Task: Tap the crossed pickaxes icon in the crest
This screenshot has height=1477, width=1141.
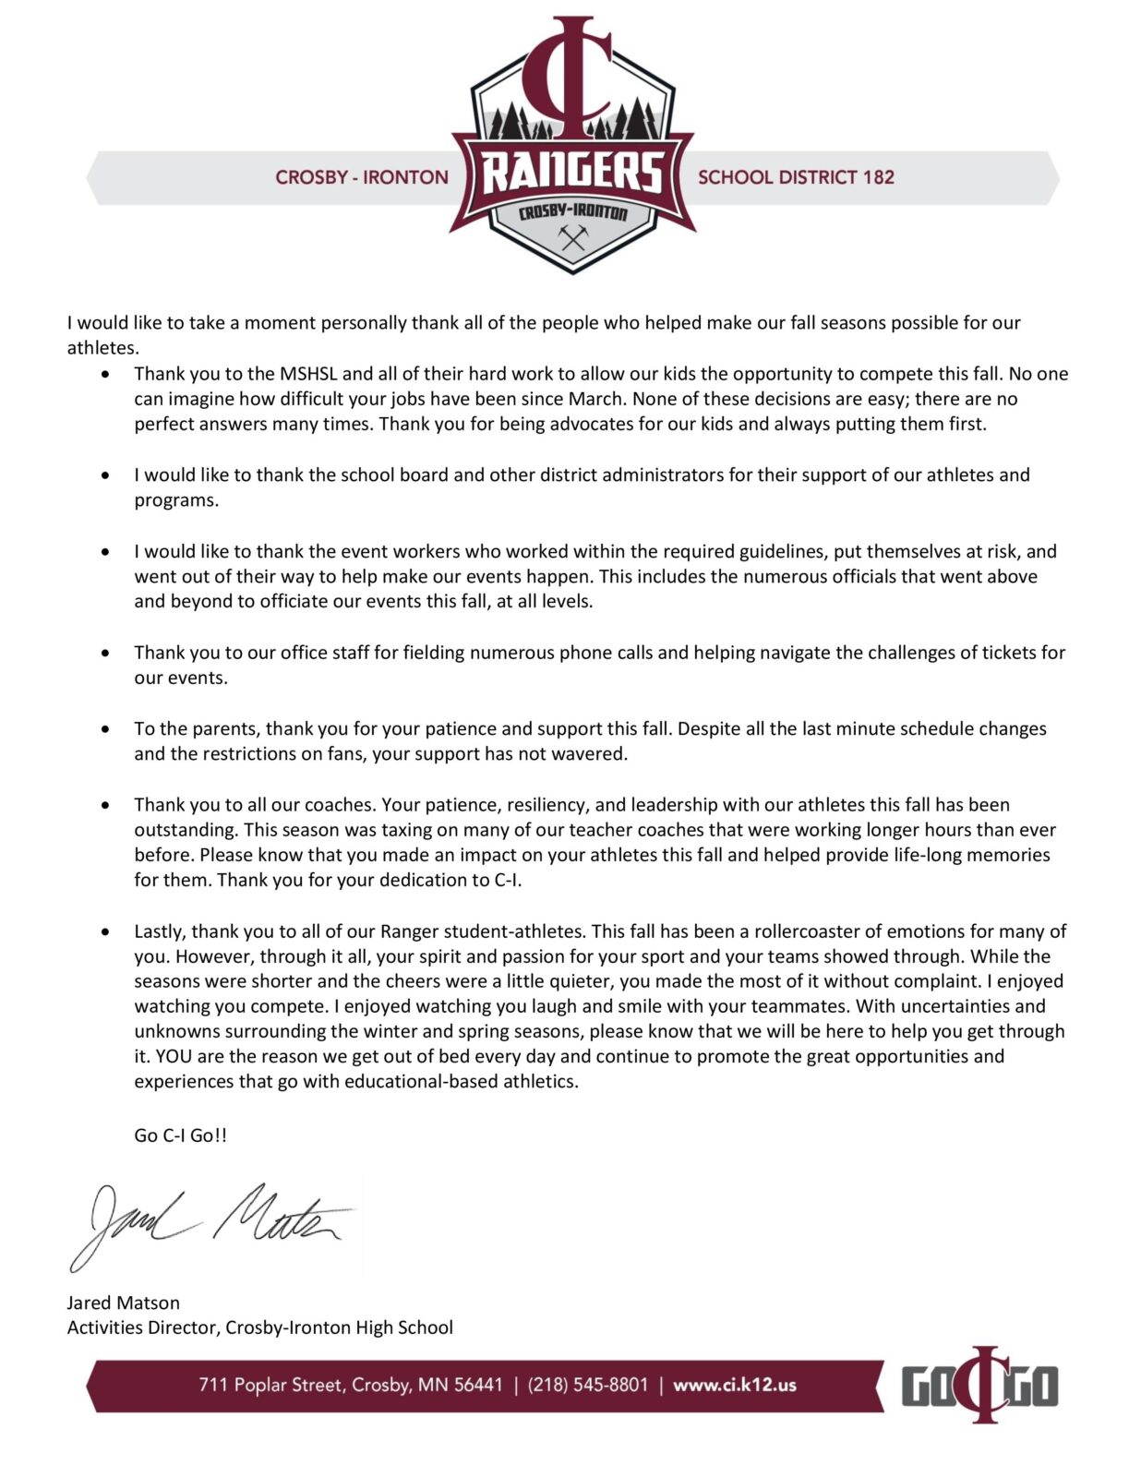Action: tap(573, 238)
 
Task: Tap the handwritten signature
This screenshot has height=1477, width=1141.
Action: tap(212, 1223)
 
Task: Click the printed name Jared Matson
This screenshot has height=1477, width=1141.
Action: tap(124, 1303)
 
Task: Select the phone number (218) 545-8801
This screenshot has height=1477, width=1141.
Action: tap(588, 1385)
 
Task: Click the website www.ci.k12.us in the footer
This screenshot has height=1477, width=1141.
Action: tap(734, 1385)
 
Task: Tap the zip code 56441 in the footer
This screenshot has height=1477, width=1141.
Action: tap(478, 1385)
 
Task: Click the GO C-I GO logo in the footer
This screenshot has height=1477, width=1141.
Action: tap(979, 1385)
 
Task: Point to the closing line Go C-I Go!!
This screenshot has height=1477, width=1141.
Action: tap(180, 1135)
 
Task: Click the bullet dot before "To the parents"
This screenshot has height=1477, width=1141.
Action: tap(109, 729)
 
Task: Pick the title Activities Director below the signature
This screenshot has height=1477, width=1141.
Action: tap(143, 1327)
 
